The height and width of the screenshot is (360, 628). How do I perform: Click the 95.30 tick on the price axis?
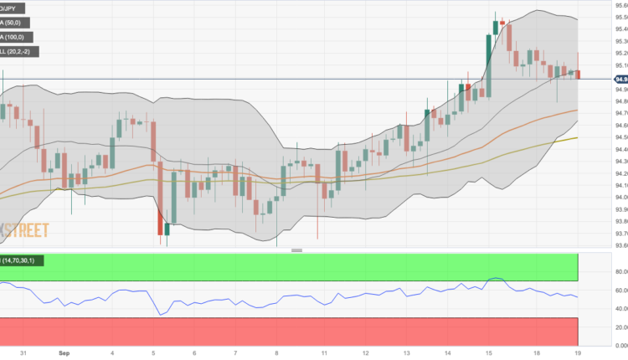(x=610, y=41)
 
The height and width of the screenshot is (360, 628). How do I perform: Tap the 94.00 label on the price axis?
(x=610, y=198)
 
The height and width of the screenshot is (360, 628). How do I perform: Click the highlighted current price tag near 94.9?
(x=610, y=79)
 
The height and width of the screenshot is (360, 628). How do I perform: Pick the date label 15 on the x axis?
(x=487, y=352)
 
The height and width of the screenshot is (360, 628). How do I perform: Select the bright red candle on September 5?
(x=160, y=223)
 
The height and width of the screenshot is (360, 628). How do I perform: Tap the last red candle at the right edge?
(x=578, y=75)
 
